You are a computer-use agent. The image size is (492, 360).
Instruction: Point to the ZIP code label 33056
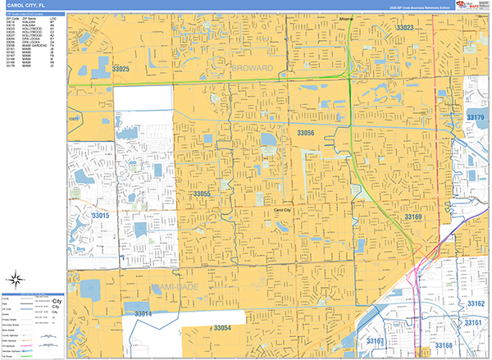click(x=305, y=132)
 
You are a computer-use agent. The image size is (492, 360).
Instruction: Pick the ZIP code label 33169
click(x=412, y=217)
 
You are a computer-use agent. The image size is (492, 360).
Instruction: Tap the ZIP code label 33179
click(x=476, y=118)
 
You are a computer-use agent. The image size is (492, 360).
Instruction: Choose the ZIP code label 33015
click(x=100, y=215)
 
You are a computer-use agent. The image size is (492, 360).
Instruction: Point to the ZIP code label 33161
click(x=473, y=323)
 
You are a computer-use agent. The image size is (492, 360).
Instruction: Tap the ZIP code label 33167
click(x=375, y=340)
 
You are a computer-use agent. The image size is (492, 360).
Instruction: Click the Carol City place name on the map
click(x=284, y=210)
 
